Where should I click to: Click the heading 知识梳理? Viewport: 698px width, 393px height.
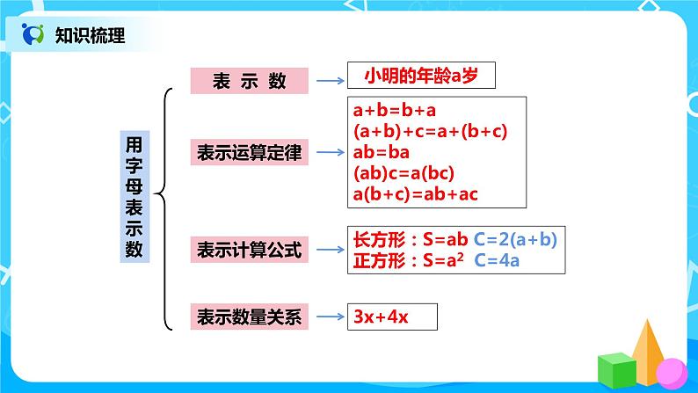click(x=90, y=36)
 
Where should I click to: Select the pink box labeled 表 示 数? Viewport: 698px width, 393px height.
click(x=250, y=81)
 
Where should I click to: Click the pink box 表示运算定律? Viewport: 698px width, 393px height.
click(x=250, y=153)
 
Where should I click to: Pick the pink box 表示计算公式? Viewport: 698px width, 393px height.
click(x=250, y=251)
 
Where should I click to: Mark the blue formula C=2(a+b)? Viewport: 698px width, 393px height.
click(x=516, y=238)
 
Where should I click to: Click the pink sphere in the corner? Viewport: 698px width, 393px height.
click(x=671, y=372)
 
